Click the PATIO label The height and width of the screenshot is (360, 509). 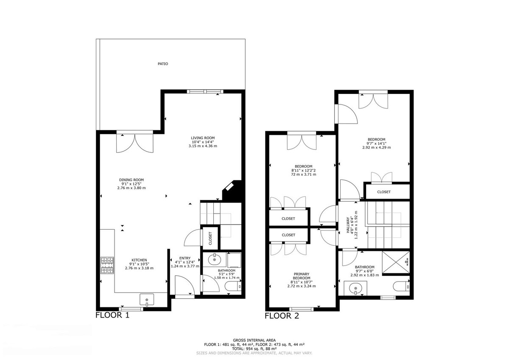163,64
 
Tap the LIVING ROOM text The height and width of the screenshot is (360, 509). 203,138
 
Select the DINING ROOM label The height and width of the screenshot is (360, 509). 131,180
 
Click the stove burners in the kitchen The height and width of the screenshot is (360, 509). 107,265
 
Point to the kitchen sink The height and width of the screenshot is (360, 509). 147,300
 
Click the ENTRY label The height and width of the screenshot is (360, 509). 185,258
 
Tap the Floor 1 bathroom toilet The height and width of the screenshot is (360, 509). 233,286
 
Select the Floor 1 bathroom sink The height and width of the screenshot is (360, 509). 214,259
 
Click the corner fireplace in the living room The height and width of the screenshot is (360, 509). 232,190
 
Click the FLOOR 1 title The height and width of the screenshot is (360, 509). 112,315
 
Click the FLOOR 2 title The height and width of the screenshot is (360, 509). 282,316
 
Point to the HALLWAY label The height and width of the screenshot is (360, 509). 348,225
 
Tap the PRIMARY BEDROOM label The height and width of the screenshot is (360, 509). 302,276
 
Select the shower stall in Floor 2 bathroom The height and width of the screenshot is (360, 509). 396,262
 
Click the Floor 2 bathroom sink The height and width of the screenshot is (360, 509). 355,288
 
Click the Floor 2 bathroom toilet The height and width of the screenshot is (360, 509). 401,286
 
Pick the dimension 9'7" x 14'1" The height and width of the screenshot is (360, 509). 377,143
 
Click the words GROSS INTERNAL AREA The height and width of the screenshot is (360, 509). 254,340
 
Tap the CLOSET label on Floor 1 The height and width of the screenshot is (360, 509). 210,238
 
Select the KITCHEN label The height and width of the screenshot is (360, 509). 139,260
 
